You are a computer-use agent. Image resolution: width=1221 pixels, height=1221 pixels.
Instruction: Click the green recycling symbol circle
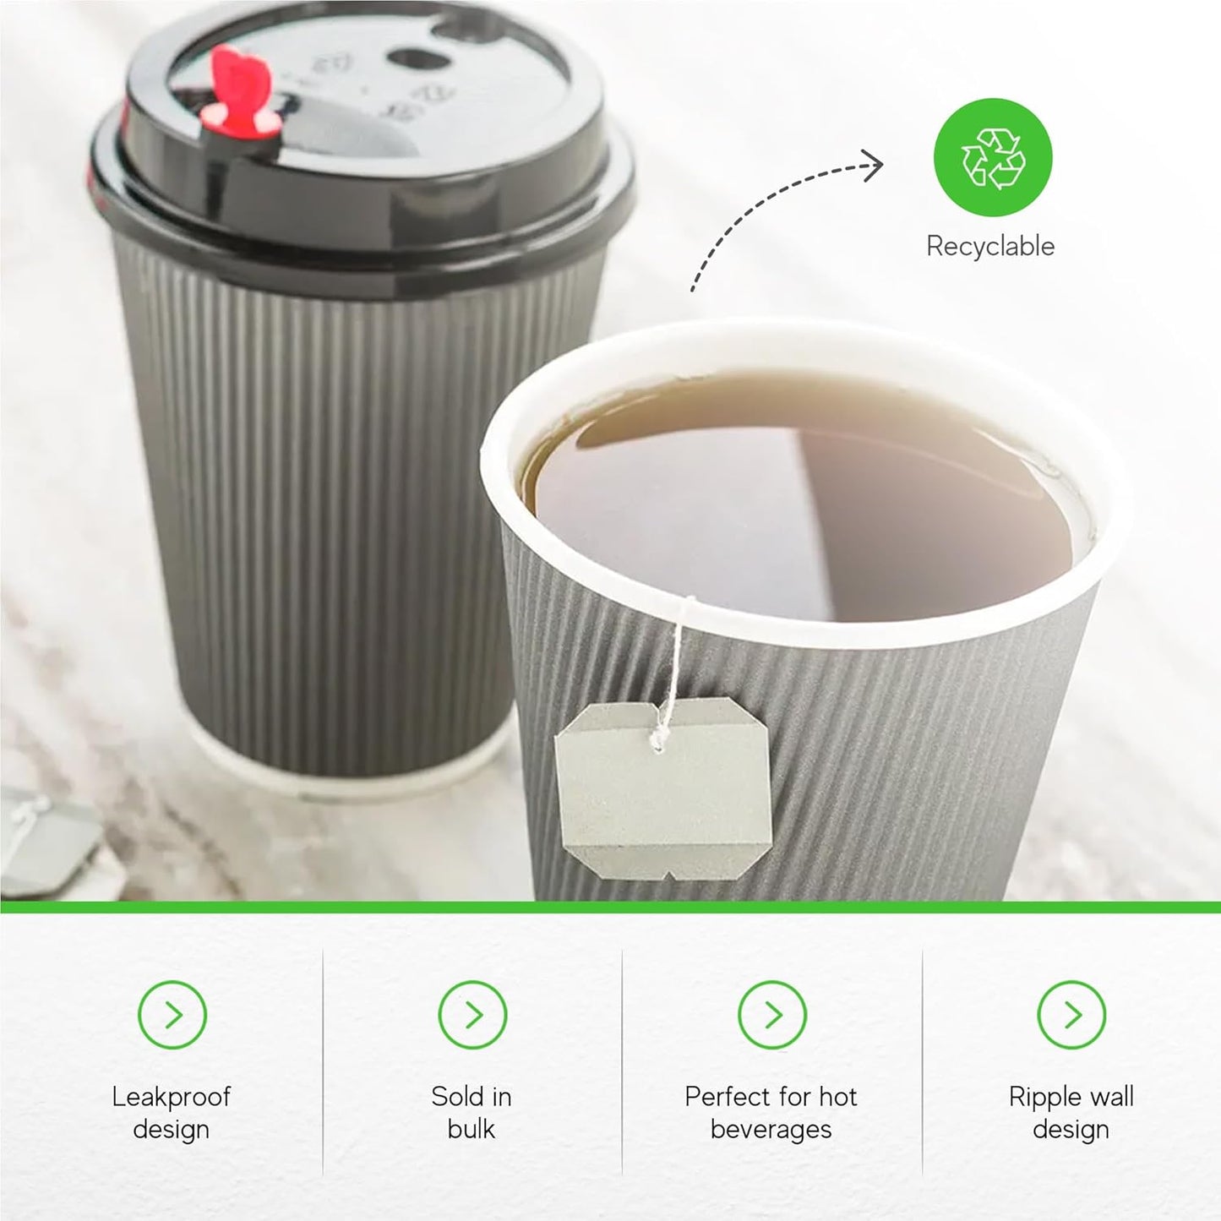point(992,157)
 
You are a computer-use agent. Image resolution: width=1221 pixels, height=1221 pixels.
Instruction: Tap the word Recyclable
point(990,246)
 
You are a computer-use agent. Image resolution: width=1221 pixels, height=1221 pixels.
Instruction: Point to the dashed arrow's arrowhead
point(875,165)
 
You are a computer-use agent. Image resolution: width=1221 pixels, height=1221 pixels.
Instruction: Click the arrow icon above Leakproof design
point(172,1014)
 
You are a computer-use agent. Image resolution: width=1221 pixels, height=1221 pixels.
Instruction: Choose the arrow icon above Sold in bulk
point(472,1014)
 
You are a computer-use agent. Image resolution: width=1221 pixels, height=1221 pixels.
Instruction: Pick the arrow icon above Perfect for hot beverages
point(771,1014)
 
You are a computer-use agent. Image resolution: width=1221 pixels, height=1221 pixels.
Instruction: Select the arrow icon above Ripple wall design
point(1071,1014)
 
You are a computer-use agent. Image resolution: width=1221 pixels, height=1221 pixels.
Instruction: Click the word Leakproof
point(171,1097)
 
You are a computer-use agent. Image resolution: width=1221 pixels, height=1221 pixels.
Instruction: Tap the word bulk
point(471,1129)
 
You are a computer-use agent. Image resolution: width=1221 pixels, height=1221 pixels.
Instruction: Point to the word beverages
point(771,1129)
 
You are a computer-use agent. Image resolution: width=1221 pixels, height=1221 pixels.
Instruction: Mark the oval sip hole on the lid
point(414,59)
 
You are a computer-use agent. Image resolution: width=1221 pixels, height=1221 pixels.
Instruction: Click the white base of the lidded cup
point(355,782)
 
